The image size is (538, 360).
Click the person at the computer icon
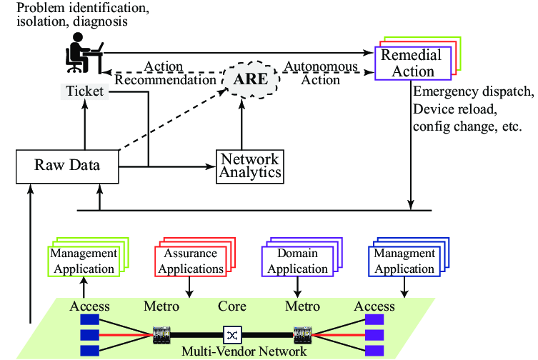click(x=83, y=56)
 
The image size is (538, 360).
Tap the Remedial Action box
click(x=413, y=64)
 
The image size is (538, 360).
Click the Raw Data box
click(x=67, y=166)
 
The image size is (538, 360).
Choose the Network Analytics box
click(x=249, y=166)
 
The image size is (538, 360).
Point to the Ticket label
click(x=84, y=91)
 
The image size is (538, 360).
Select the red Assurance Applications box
click(x=189, y=261)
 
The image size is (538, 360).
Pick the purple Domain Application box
click(x=297, y=261)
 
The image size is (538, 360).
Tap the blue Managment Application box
click(x=404, y=261)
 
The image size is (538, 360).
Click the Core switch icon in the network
click(x=232, y=334)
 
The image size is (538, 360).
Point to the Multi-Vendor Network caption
click(x=244, y=351)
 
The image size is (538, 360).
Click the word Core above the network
click(x=231, y=306)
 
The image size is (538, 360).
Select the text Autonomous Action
click(x=321, y=73)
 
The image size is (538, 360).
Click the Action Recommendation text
click(x=164, y=73)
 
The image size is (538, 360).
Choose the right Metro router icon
click(x=301, y=334)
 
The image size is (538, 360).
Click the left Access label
click(x=89, y=306)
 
